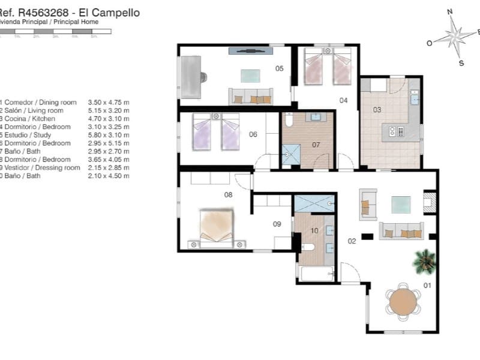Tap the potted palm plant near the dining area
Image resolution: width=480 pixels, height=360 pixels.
(425, 260)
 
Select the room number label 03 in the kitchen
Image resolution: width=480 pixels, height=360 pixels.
(377, 110)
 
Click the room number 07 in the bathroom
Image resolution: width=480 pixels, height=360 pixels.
(316, 145)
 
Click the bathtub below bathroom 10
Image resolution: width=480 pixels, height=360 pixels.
(316, 274)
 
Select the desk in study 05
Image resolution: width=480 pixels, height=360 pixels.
(191, 76)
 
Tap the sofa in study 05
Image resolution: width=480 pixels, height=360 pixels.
(251, 96)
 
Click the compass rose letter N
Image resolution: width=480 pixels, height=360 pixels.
(450, 11)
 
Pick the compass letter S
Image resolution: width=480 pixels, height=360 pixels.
(461, 62)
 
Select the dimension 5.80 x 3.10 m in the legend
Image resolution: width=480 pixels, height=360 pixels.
(109, 135)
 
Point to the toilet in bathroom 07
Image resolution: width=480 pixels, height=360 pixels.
(288, 122)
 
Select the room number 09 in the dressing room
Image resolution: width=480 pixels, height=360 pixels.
(277, 224)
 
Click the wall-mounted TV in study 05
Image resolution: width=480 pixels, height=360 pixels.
(247, 51)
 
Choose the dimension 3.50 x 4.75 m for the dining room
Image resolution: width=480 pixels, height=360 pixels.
(109, 103)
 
